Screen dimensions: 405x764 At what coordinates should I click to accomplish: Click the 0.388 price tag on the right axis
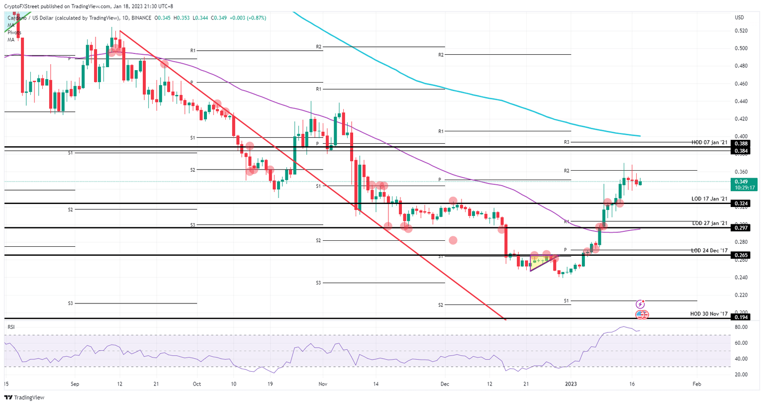click(x=741, y=143)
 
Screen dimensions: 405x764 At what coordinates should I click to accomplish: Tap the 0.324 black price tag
click(x=741, y=203)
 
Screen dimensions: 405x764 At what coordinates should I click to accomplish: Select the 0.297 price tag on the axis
click(x=741, y=228)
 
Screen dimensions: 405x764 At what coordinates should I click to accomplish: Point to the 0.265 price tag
click(x=741, y=255)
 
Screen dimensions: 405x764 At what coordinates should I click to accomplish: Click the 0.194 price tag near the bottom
click(x=741, y=317)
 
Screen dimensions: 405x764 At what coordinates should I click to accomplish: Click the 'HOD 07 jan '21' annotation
click(x=709, y=143)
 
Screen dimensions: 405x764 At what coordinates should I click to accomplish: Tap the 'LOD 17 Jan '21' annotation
click(x=709, y=199)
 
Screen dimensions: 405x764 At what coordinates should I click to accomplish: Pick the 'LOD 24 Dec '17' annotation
click(x=709, y=251)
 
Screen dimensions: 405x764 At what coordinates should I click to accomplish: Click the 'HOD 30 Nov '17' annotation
click(x=709, y=314)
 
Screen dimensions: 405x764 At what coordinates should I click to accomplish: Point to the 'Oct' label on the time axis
click(x=197, y=384)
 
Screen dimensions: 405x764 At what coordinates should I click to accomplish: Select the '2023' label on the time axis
click(x=571, y=384)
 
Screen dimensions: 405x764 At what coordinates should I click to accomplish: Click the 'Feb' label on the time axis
click(x=697, y=384)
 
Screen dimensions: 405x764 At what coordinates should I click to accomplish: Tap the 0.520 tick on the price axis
click(x=741, y=31)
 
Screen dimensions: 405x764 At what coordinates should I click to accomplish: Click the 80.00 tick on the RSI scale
click(x=741, y=327)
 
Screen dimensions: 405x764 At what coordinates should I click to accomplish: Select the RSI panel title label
click(x=11, y=327)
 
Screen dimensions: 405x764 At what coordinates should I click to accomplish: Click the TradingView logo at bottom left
click(x=24, y=398)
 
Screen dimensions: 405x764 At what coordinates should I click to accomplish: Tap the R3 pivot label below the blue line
click(x=567, y=142)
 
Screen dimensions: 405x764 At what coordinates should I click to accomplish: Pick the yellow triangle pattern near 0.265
click(x=541, y=261)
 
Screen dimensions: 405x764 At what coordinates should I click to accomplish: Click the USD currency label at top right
click(x=739, y=18)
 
